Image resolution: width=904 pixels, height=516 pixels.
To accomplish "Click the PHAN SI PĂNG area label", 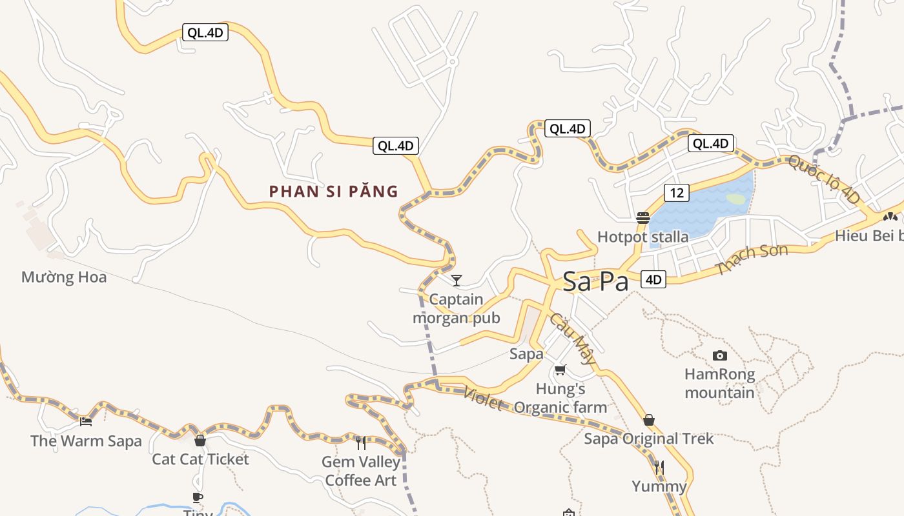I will point(333,192).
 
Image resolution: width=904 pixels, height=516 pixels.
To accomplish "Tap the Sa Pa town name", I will point(595,281).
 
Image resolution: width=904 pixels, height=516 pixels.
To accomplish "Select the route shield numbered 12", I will point(676,192).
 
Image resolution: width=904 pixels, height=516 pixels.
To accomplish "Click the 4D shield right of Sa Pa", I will point(653,279).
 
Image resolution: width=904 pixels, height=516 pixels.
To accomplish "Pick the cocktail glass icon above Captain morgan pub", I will point(457,280).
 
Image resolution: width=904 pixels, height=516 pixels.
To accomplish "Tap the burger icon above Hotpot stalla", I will point(642,218).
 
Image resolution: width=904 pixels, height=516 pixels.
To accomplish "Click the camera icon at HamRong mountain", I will point(719,355).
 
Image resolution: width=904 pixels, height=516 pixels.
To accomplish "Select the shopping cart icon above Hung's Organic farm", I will point(560,370).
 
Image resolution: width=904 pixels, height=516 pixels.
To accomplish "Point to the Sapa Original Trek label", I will point(649,439).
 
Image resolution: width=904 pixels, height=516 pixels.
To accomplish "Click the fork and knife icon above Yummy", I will point(659,466).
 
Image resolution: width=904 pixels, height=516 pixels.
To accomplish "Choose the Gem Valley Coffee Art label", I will point(361,471).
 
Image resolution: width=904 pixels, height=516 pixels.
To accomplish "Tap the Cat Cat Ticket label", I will point(200,459).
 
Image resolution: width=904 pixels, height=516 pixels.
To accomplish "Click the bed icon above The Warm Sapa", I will point(86,422).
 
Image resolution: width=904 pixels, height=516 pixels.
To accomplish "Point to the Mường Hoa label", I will point(64,277).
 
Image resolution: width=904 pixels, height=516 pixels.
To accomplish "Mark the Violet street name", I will point(483,399).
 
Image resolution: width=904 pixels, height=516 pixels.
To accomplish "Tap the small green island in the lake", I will point(735,199).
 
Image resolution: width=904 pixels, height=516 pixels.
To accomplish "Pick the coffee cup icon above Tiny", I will point(198,497).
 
